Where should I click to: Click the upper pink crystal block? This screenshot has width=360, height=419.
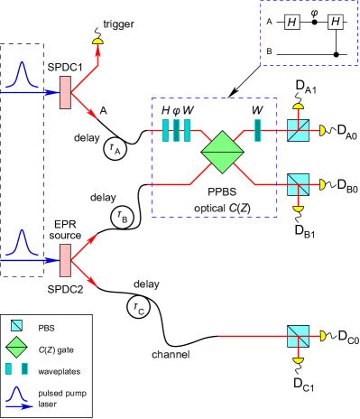click(x=65, y=92)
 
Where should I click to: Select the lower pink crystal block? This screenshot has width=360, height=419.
click(x=65, y=260)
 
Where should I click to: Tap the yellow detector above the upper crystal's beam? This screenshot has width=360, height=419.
click(x=97, y=42)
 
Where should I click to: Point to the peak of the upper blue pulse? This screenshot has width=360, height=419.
click(x=23, y=63)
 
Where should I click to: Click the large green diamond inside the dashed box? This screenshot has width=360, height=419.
click(x=222, y=152)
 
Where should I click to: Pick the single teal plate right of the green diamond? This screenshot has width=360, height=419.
click(x=257, y=130)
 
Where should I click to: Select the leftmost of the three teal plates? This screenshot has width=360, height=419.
click(x=165, y=130)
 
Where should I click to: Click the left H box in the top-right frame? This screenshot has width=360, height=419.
click(x=292, y=21)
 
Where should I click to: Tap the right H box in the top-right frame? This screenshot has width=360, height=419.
click(x=336, y=21)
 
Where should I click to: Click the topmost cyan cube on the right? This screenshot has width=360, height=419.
click(x=298, y=130)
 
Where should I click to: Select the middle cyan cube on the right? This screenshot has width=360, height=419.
click(x=298, y=184)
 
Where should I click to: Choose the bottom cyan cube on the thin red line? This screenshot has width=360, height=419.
click(x=298, y=336)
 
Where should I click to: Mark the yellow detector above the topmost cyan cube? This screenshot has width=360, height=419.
click(x=298, y=107)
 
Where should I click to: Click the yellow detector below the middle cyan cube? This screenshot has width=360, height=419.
click(x=298, y=209)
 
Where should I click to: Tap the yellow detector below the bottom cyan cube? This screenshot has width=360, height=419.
click(x=298, y=360)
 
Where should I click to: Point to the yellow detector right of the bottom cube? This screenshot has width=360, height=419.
click(x=322, y=336)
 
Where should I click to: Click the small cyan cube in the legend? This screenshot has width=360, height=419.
click(x=16, y=325)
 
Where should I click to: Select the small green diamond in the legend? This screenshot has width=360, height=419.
click(x=16, y=347)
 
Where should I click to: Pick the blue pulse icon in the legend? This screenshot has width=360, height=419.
click(x=17, y=396)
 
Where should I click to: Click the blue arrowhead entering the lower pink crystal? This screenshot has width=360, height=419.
click(x=51, y=260)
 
